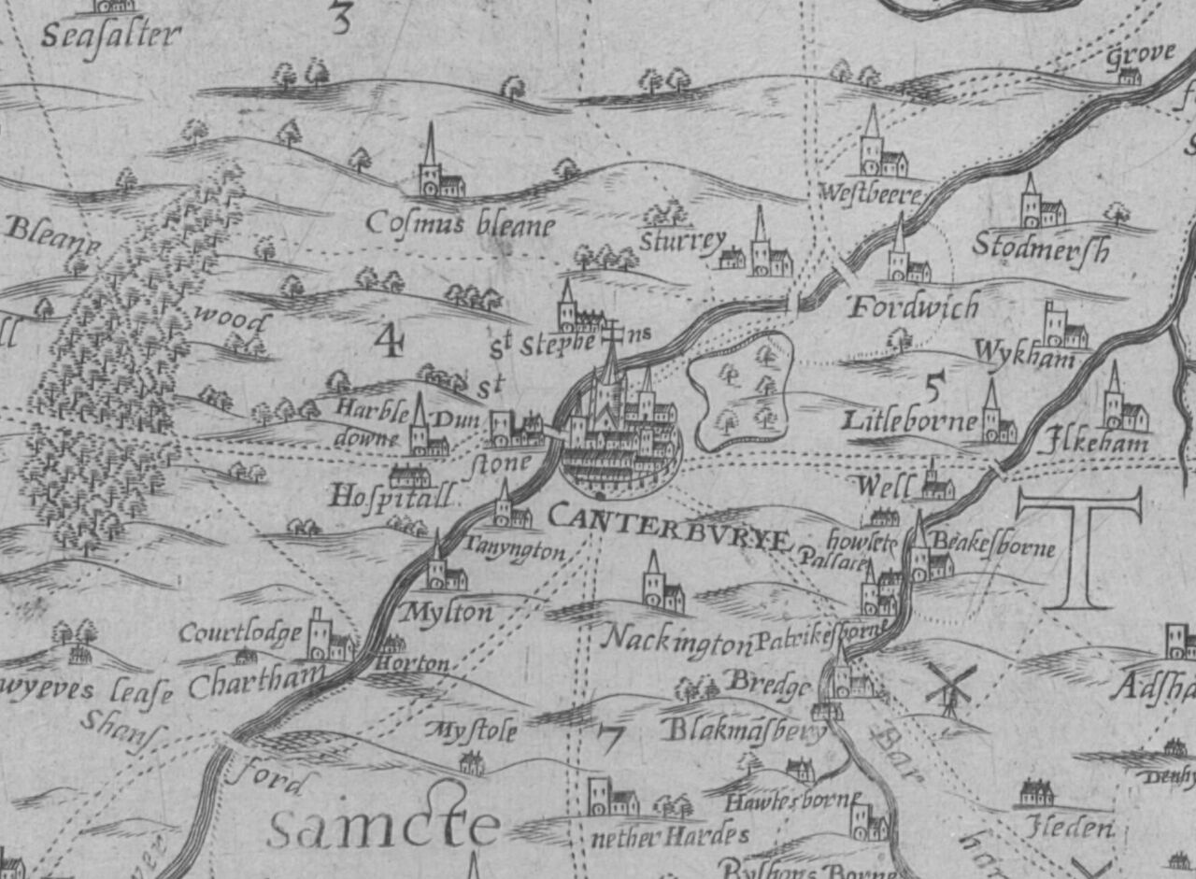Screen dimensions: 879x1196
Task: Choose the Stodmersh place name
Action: click(x=1041, y=248)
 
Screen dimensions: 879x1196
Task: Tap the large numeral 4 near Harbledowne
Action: click(x=388, y=341)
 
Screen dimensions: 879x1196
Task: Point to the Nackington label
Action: click(x=677, y=640)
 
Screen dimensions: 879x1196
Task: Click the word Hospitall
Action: click(x=391, y=495)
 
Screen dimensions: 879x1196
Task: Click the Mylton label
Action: click(x=446, y=613)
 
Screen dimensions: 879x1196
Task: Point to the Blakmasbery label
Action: click(x=744, y=730)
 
